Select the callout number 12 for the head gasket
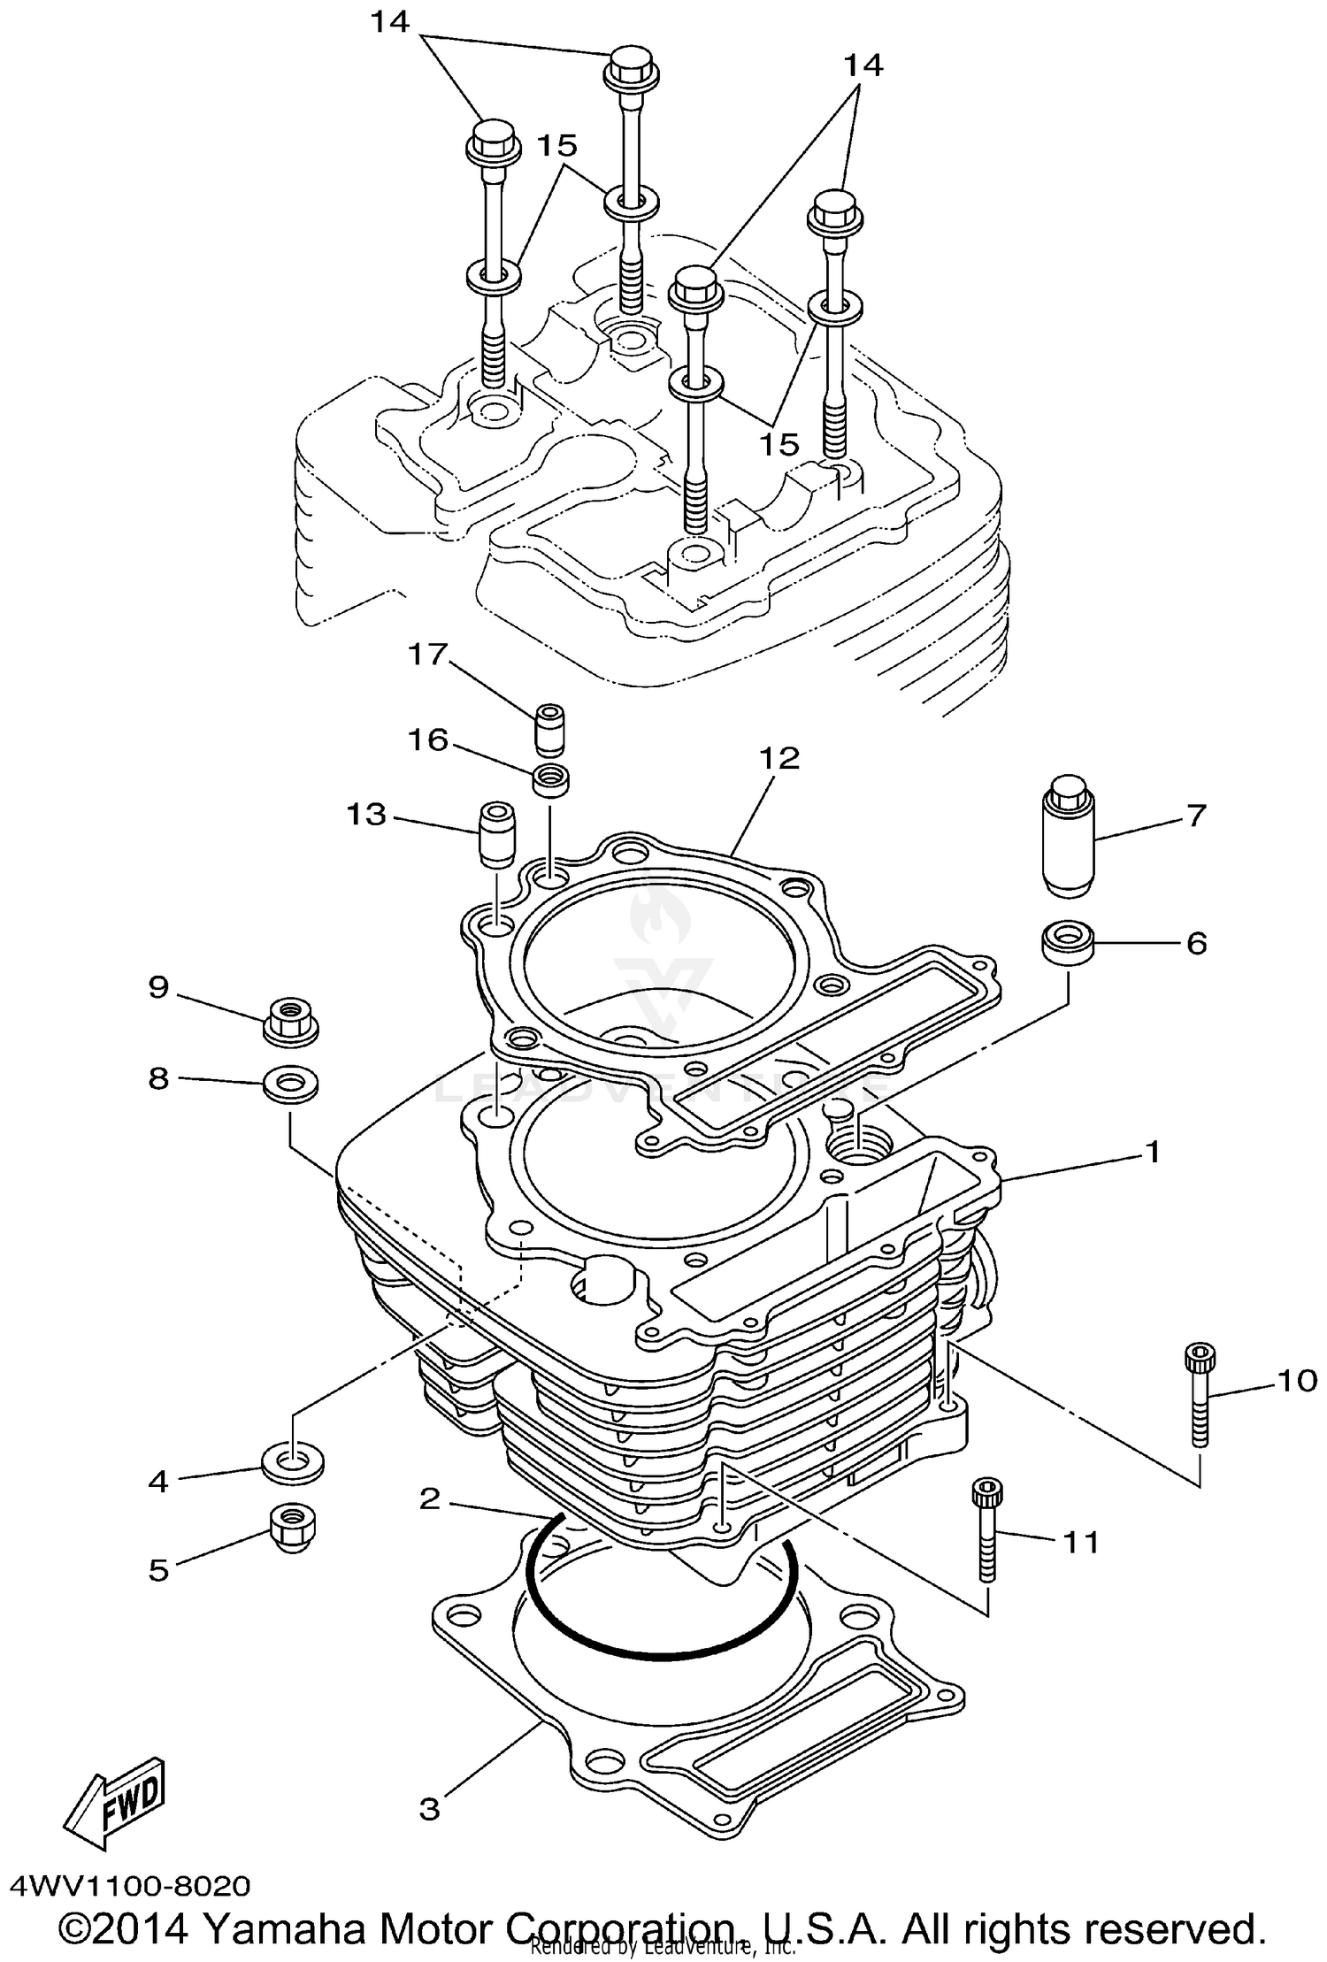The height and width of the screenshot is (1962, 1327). (779, 758)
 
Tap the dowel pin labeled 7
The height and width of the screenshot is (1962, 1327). (1068, 836)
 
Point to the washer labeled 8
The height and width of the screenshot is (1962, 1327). (290, 1084)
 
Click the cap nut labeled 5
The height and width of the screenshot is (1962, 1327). (292, 1529)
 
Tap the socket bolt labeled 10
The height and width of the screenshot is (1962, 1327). (1199, 1394)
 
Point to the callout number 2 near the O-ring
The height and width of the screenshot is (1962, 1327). (429, 1499)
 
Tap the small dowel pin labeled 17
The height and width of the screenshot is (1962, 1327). (550, 729)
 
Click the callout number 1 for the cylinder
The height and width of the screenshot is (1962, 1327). (1152, 1152)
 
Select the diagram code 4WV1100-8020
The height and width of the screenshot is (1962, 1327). (131, 1886)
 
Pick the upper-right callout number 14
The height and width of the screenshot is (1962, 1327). (863, 65)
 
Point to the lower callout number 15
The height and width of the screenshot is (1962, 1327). (779, 444)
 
